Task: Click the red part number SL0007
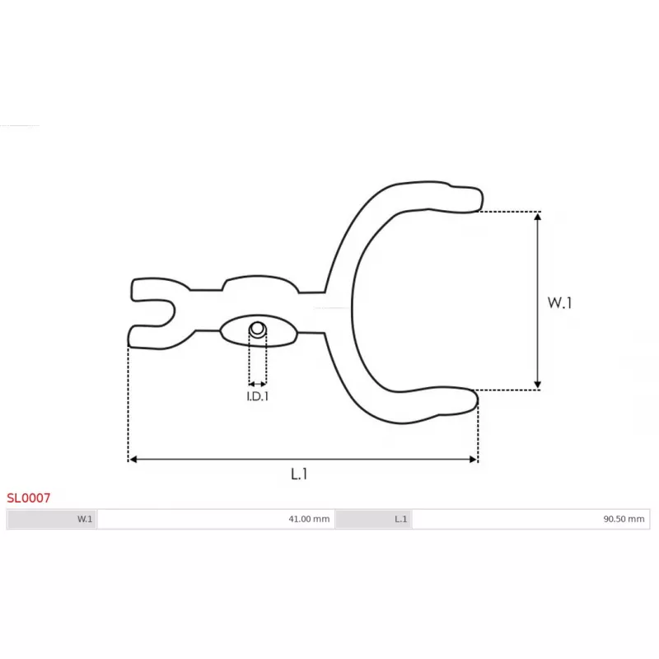pos(29,498)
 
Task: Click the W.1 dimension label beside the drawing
pos(559,302)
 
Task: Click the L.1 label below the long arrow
pos(299,474)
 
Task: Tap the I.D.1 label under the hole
pos(258,396)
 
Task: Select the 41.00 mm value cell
pos(216,519)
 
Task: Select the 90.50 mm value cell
pos(530,519)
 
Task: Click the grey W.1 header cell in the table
pos(52,519)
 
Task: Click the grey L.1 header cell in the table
pos(374,519)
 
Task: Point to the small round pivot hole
pos(258,329)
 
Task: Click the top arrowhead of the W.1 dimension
pos(538,216)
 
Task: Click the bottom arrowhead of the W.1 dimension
pos(538,384)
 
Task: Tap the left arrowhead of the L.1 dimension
pos(133,459)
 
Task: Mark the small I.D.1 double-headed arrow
pos(258,383)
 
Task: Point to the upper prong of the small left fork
pos(148,288)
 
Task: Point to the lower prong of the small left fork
pos(148,336)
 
